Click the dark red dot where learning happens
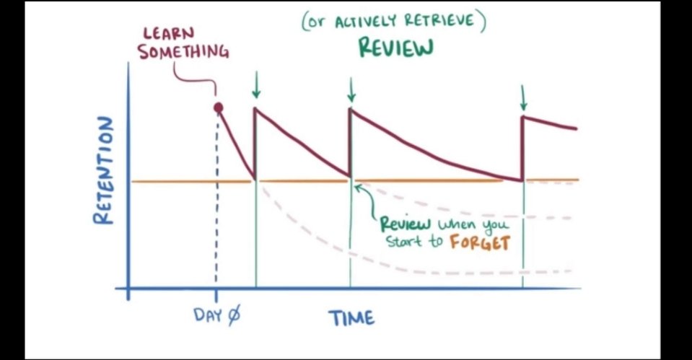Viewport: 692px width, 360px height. (x=218, y=107)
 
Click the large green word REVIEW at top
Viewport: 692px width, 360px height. (x=396, y=48)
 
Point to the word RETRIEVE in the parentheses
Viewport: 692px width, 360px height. (x=443, y=20)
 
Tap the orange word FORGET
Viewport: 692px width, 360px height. (x=479, y=242)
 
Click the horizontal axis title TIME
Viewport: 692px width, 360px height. (x=351, y=317)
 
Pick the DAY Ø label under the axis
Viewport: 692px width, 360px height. (x=216, y=315)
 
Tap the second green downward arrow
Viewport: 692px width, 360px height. (x=351, y=89)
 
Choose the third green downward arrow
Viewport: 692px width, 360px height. (x=523, y=97)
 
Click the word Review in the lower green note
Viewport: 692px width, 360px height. (x=404, y=223)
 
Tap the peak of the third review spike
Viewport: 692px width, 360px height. (x=523, y=117)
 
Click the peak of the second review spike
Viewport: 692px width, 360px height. (x=351, y=109)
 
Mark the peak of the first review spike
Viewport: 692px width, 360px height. (x=255, y=109)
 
